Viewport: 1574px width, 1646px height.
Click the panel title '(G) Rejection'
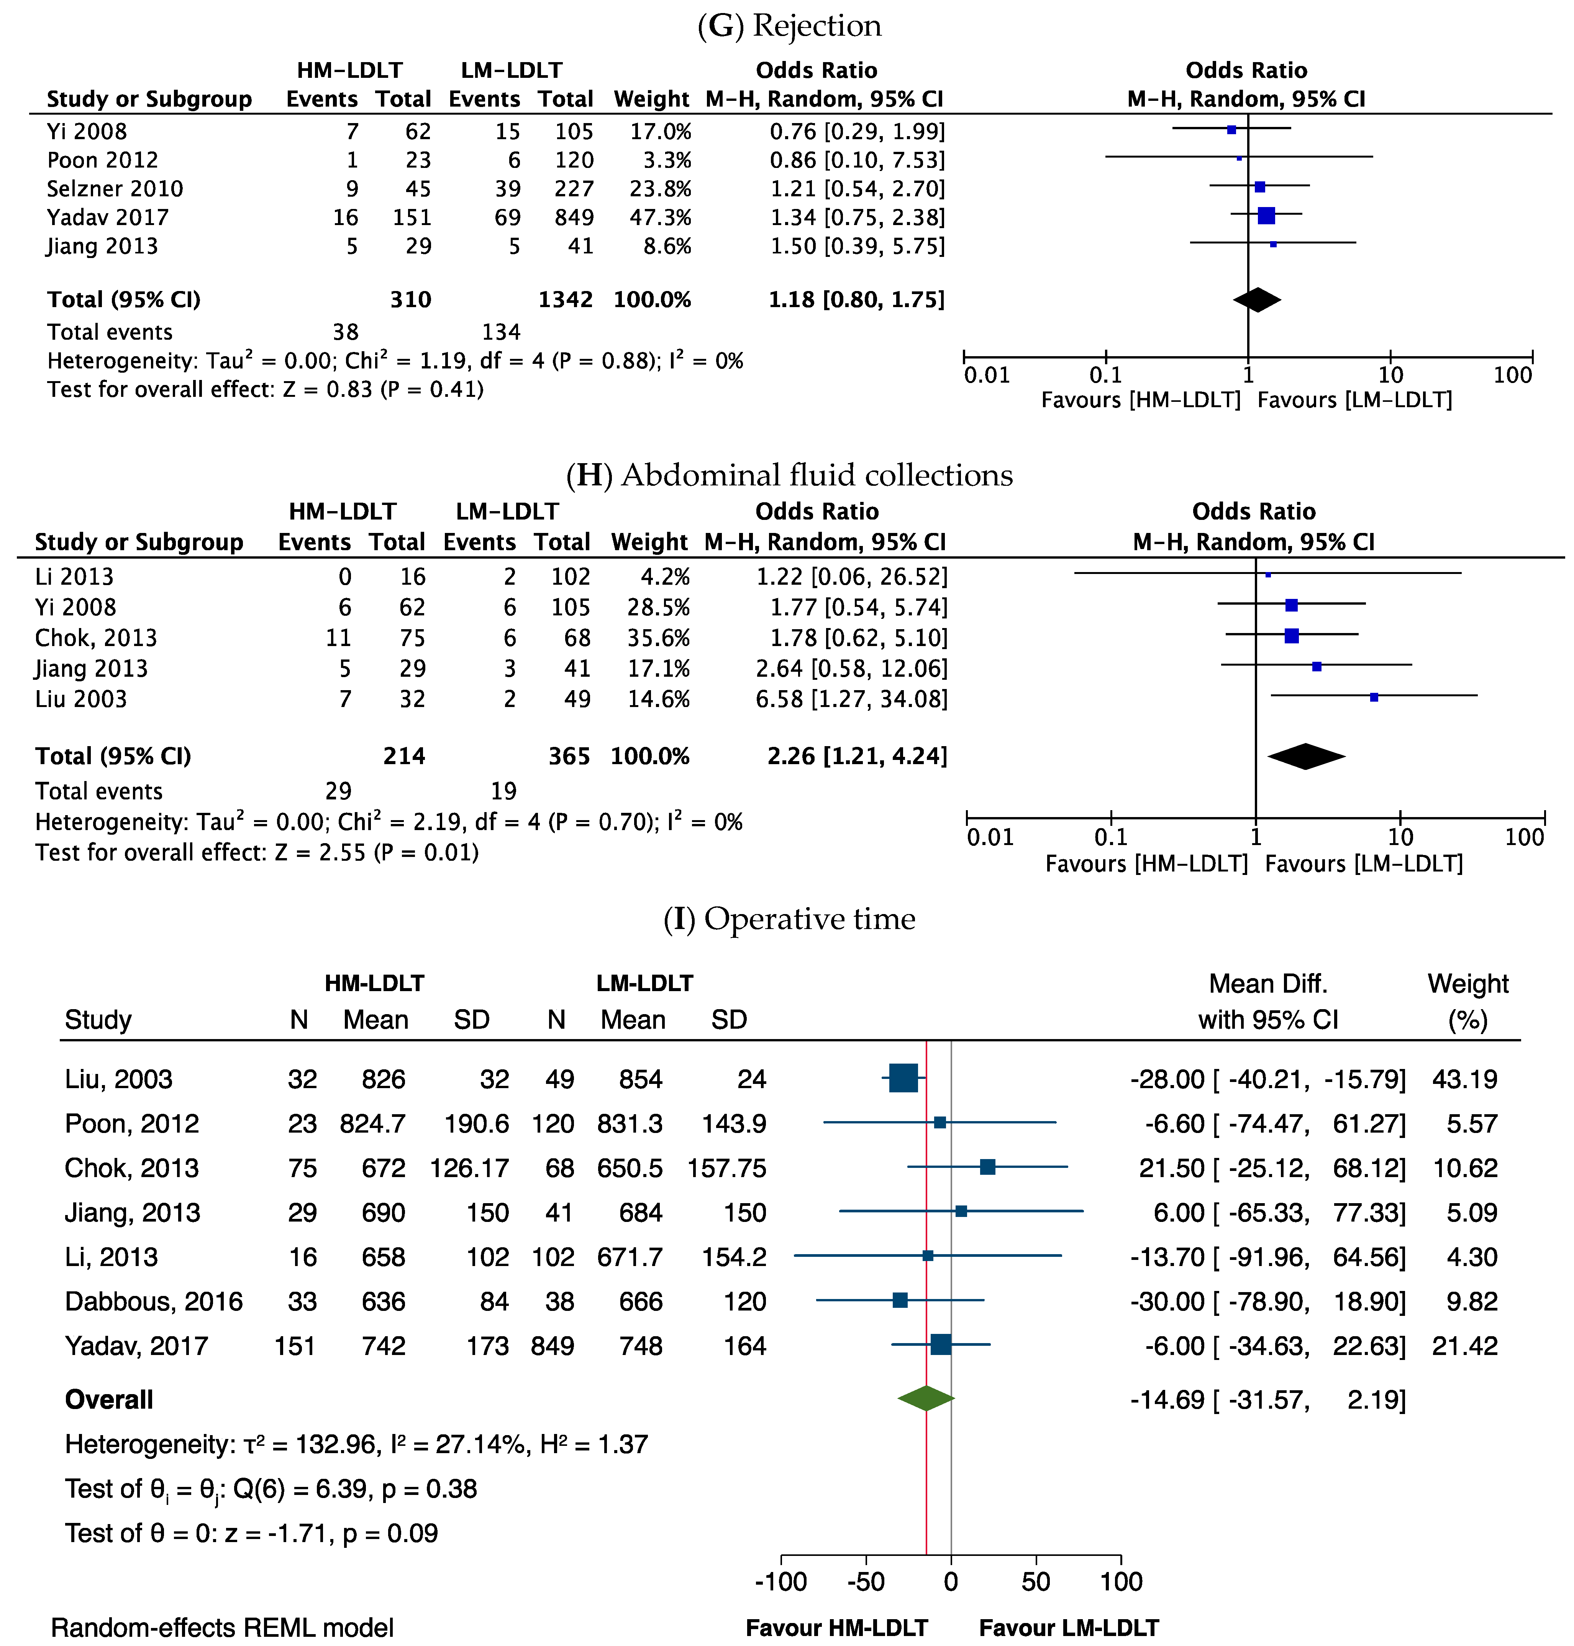tap(789, 26)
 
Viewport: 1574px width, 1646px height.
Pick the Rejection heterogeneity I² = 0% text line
tap(394, 361)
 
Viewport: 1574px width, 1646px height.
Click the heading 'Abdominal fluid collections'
tap(817, 475)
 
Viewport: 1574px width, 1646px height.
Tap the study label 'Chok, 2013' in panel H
tap(96, 638)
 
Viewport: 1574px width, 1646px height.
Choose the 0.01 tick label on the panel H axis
tap(990, 837)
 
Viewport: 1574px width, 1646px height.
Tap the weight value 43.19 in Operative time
tap(1464, 1079)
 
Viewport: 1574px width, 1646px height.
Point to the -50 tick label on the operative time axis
tap(865, 1581)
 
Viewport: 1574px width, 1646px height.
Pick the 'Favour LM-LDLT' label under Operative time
tap(1069, 1628)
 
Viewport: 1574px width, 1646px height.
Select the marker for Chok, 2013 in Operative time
tap(987, 1167)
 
